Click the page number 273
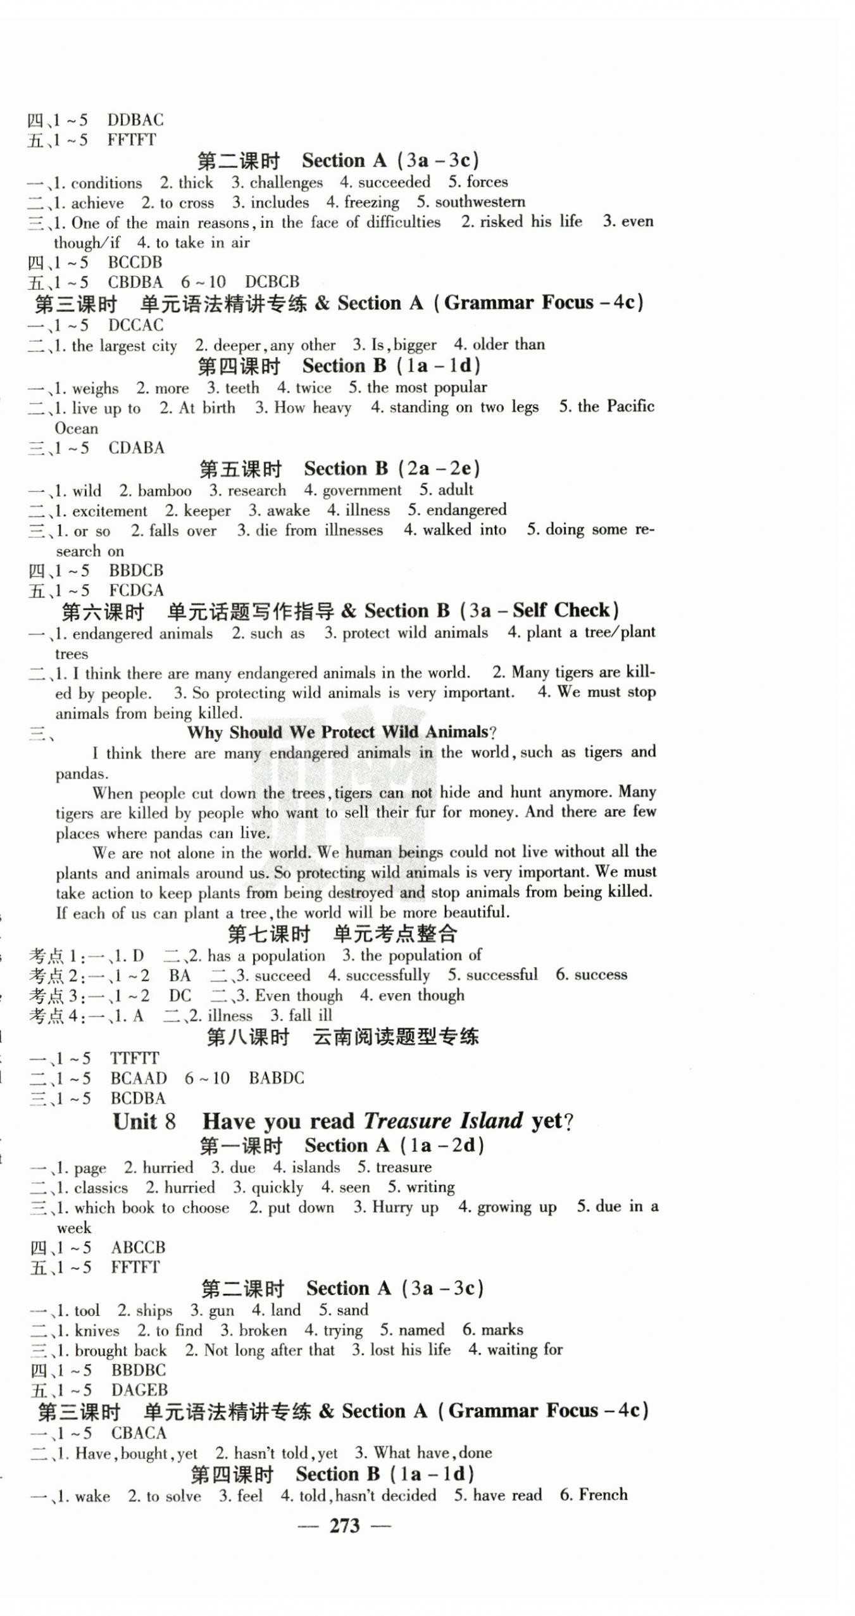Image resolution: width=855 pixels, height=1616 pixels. tap(344, 1526)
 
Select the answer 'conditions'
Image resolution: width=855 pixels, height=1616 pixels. tap(106, 183)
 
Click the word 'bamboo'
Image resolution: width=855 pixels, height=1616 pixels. tap(165, 491)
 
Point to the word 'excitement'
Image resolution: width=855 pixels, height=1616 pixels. tap(109, 511)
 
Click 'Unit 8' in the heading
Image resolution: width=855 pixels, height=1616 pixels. tap(144, 1122)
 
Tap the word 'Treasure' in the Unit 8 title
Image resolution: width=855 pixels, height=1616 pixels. tap(408, 1121)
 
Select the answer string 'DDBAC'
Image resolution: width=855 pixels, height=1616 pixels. tap(135, 120)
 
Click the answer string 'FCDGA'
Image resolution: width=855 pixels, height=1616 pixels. tap(136, 590)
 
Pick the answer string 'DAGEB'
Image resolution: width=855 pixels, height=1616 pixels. tap(139, 1390)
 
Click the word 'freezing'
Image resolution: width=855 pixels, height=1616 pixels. tap(371, 203)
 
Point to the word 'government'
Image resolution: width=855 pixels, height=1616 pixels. tap(361, 490)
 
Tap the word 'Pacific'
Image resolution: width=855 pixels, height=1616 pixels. tap(630, 406)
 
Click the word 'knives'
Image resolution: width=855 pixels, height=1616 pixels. tap(97, 1330)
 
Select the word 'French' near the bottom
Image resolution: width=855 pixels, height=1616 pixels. tap(602, 1495)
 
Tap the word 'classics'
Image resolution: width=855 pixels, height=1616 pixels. tap(101, 1187)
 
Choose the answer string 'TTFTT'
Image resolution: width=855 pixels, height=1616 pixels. tap(134, 1058)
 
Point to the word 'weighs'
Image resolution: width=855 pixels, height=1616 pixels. tap(95, 388)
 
